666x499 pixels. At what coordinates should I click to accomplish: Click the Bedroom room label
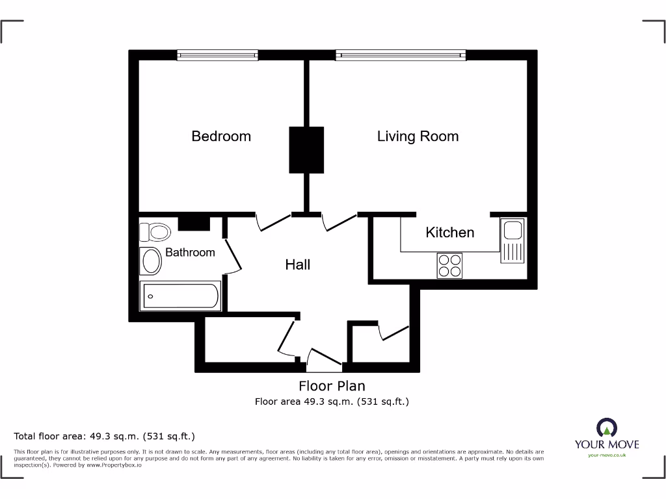(x=221, y=136)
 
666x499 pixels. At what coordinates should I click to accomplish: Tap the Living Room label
(x=418, y=136)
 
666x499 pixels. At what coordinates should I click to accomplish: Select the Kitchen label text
(x=449, y=232)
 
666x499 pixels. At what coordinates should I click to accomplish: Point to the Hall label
(x=298, y=264)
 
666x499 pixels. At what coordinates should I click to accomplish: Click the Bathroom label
(x=190, y=252)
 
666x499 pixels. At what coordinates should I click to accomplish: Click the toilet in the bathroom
(x=155, y=231)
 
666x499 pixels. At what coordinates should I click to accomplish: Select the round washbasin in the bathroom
(x=152, y=261)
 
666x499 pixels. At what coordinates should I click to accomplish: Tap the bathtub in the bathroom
(x=180, y=296)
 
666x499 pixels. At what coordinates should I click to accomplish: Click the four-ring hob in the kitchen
(x=450, y=265)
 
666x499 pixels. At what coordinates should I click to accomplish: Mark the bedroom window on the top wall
(x=217, y=55)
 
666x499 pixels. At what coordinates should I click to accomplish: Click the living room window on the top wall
(x=401, y=55)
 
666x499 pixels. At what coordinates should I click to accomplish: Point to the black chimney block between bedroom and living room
(x=306, y=149)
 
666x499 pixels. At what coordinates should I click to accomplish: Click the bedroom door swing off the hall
(x=274, y=222)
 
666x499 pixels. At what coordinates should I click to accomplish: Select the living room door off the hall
(x=340, y=222)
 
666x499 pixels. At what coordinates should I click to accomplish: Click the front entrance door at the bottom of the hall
(x=324, y=359)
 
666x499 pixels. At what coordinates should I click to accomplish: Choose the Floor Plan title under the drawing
(x=332, y=386)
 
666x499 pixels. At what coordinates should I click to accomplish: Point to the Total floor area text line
(x=105, y=436)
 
